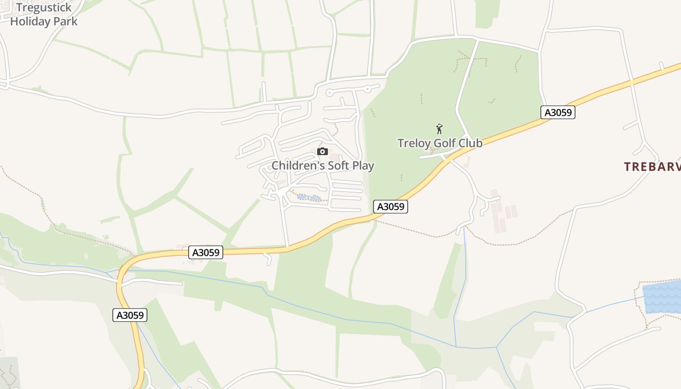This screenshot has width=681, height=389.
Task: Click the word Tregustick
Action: point(44,7)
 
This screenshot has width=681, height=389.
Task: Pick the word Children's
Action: point(298,165)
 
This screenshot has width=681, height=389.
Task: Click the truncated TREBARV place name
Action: point(652,167)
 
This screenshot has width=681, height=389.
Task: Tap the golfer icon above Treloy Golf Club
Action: point(439,129)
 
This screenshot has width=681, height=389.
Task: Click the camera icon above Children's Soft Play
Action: point(323,152)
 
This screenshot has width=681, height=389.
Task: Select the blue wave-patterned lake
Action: point(663,297)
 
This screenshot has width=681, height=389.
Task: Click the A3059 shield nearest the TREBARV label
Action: point(558,112)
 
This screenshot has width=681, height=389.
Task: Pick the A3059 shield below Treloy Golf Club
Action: point(391,207)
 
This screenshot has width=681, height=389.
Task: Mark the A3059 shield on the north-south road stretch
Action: point(130,315)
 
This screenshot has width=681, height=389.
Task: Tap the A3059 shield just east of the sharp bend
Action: point(206,252)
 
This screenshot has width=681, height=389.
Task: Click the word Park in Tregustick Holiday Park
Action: point(66,21)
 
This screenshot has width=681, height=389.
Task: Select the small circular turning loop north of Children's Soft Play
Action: point(329,92)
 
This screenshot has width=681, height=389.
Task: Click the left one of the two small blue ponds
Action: point(302,197)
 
